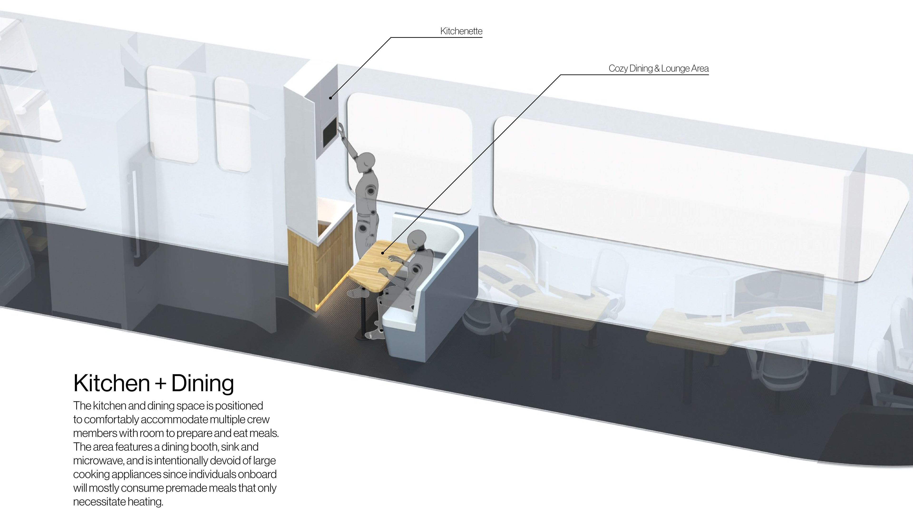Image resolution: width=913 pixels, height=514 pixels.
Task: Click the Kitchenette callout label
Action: click(461, 31)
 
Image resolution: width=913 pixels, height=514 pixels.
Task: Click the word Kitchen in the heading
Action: click(111, 383)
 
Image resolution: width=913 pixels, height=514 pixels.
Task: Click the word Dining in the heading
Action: click(202, 383)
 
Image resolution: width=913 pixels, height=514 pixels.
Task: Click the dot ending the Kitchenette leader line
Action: click(330, 98)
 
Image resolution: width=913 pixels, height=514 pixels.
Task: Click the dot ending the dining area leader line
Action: click(382, 253)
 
